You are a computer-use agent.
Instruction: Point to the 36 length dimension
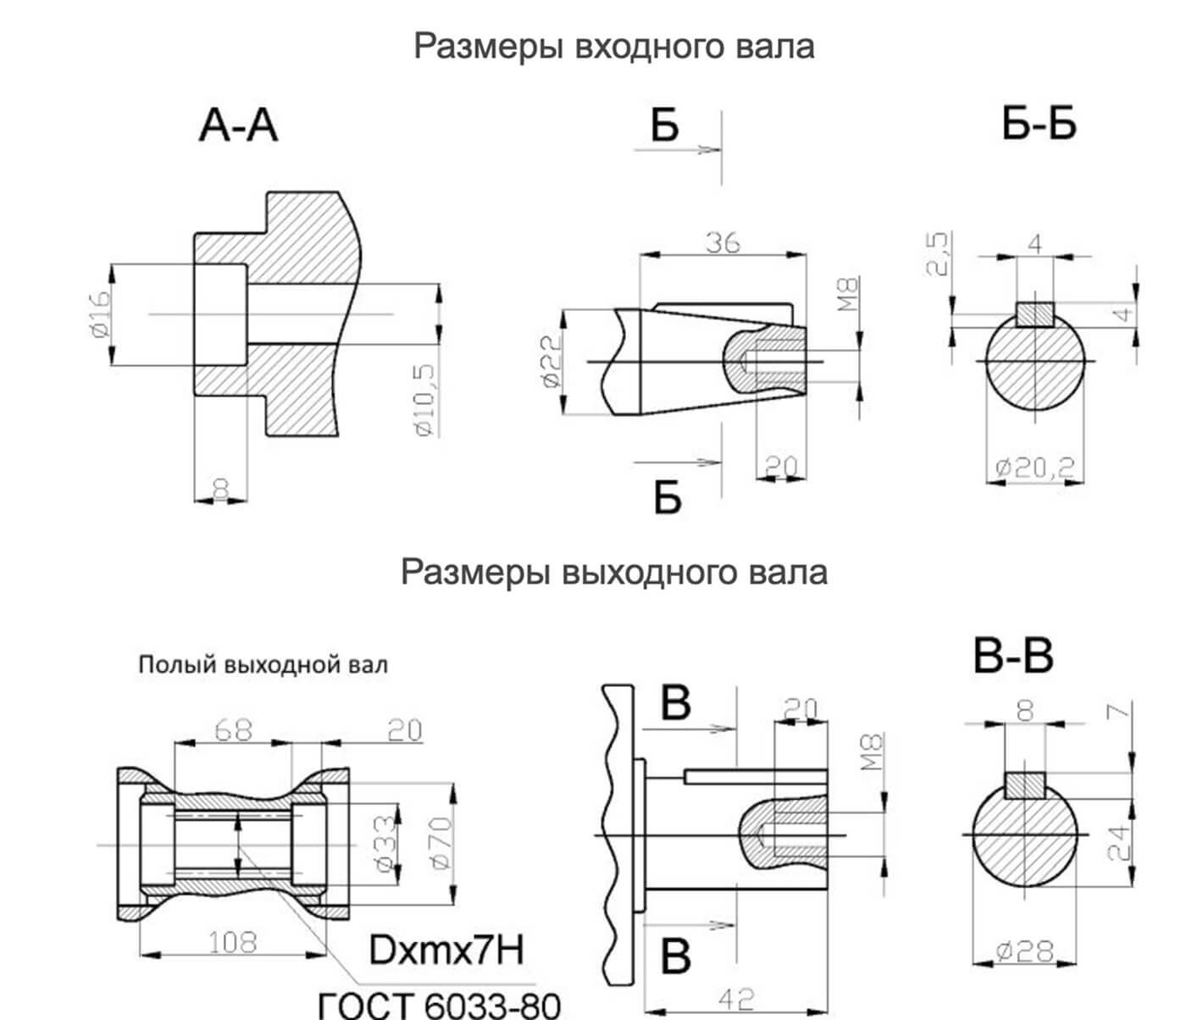click(x=723, y=243)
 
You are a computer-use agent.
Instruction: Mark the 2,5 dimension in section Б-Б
click(x=939, y=254)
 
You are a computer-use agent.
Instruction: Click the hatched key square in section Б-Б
click(x=1035, y=314)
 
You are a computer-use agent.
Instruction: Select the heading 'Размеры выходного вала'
click(x=613, y=572)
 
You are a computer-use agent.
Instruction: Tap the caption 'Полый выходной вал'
click(x=263, y=664)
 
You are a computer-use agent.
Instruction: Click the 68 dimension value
click(x=233, y=729)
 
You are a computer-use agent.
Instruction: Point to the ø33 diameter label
click(x=385, y=843)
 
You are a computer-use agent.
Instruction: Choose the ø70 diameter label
click(x=441, y=842)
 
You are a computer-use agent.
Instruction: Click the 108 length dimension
click(x=233, y=941)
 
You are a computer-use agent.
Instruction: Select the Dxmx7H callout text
click(x=446, y=951)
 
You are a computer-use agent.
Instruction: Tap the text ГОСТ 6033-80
click(x=438, y=1006)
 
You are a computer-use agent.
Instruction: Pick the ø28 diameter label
click(x=1025, y=951)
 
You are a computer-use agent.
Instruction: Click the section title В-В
click(x=1013, y=657)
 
